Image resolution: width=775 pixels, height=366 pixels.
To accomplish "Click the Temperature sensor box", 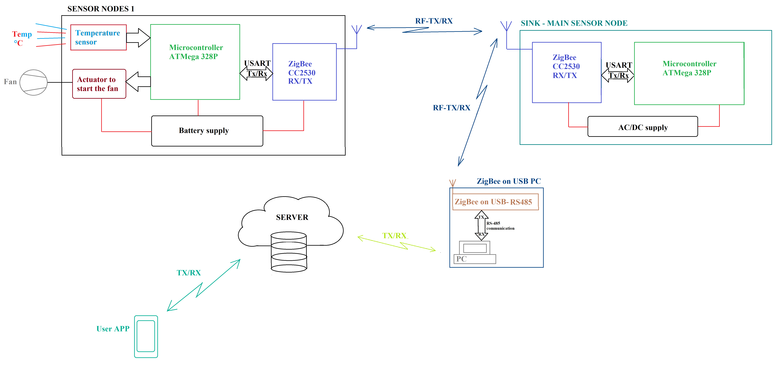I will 98,37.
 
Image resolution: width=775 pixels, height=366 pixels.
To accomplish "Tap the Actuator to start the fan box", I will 99,84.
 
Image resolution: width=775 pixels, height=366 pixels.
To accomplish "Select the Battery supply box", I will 207,131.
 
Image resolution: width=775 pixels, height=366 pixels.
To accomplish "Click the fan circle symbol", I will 33,82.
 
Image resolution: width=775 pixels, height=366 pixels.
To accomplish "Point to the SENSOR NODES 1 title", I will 101,9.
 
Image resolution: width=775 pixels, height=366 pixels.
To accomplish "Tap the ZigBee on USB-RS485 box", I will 495,202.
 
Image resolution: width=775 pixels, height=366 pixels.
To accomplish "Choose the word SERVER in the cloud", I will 292,217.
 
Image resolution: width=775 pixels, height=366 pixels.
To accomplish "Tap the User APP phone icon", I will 146,336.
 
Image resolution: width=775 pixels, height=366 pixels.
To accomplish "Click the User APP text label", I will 113,329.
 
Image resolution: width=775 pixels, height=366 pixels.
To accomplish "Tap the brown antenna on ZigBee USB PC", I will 453,183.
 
